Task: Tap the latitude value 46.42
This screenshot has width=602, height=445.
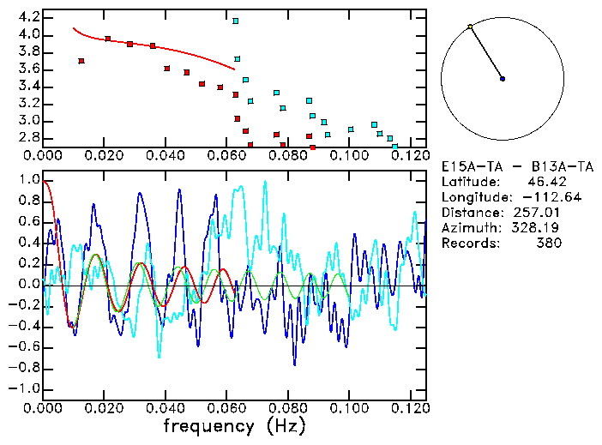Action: tap(542, 182)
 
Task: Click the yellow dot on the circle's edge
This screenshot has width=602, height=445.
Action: tap(470, 27)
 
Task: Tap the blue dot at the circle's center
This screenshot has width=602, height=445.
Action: tap(503, 79)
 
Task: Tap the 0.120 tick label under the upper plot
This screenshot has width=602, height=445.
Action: tap(409, 156)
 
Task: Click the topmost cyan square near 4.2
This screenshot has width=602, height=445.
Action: tap(236, 21)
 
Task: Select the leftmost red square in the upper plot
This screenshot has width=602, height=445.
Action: tap(81, 61)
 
